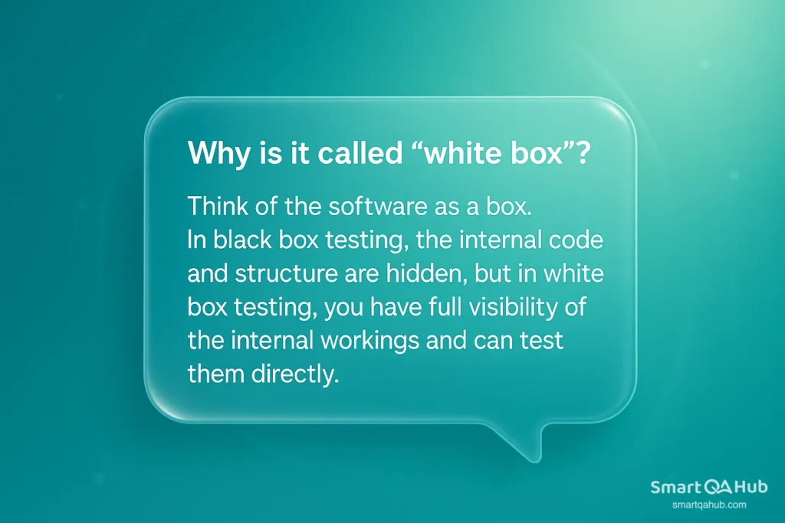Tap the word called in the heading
360,152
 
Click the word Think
218,206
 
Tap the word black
242,240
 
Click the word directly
295,374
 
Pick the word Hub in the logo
751,486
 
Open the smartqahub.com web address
709,505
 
